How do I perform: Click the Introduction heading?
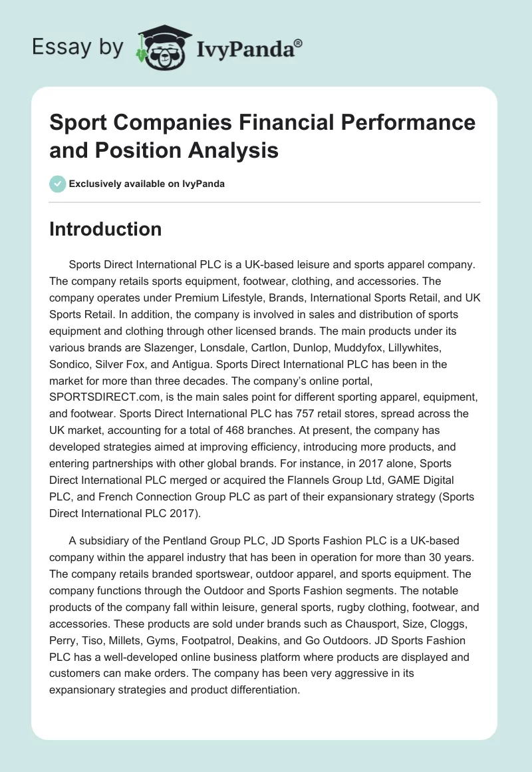coord(106,229)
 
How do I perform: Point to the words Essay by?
coord(78,48)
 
